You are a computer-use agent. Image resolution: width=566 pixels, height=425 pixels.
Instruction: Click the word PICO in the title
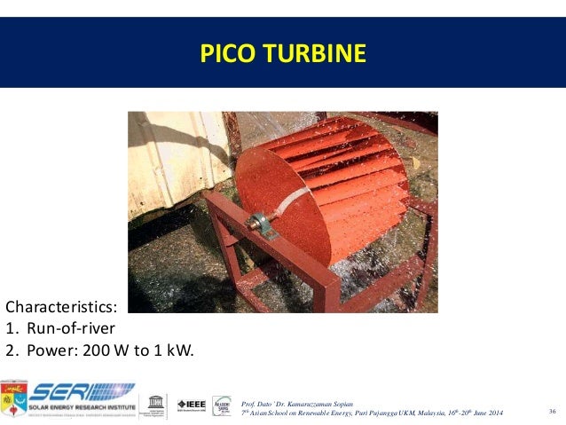222,54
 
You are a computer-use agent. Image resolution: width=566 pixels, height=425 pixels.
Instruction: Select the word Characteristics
60,307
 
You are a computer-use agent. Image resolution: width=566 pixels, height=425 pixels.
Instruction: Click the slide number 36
552,411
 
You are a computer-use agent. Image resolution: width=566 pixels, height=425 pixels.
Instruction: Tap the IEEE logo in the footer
192,404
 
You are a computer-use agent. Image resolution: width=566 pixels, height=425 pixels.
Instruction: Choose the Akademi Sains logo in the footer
222,405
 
